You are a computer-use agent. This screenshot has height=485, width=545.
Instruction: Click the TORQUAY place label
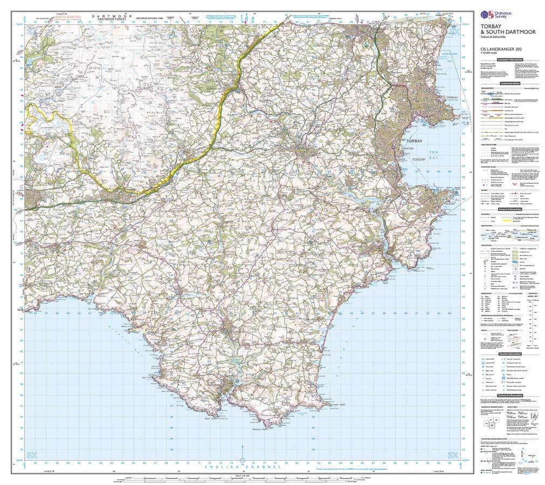click(x=451, y=98)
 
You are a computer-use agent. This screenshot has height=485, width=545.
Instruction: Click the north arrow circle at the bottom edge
click(x=242, y=461)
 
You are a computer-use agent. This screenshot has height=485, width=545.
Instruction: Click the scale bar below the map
click(x=242, y=479)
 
